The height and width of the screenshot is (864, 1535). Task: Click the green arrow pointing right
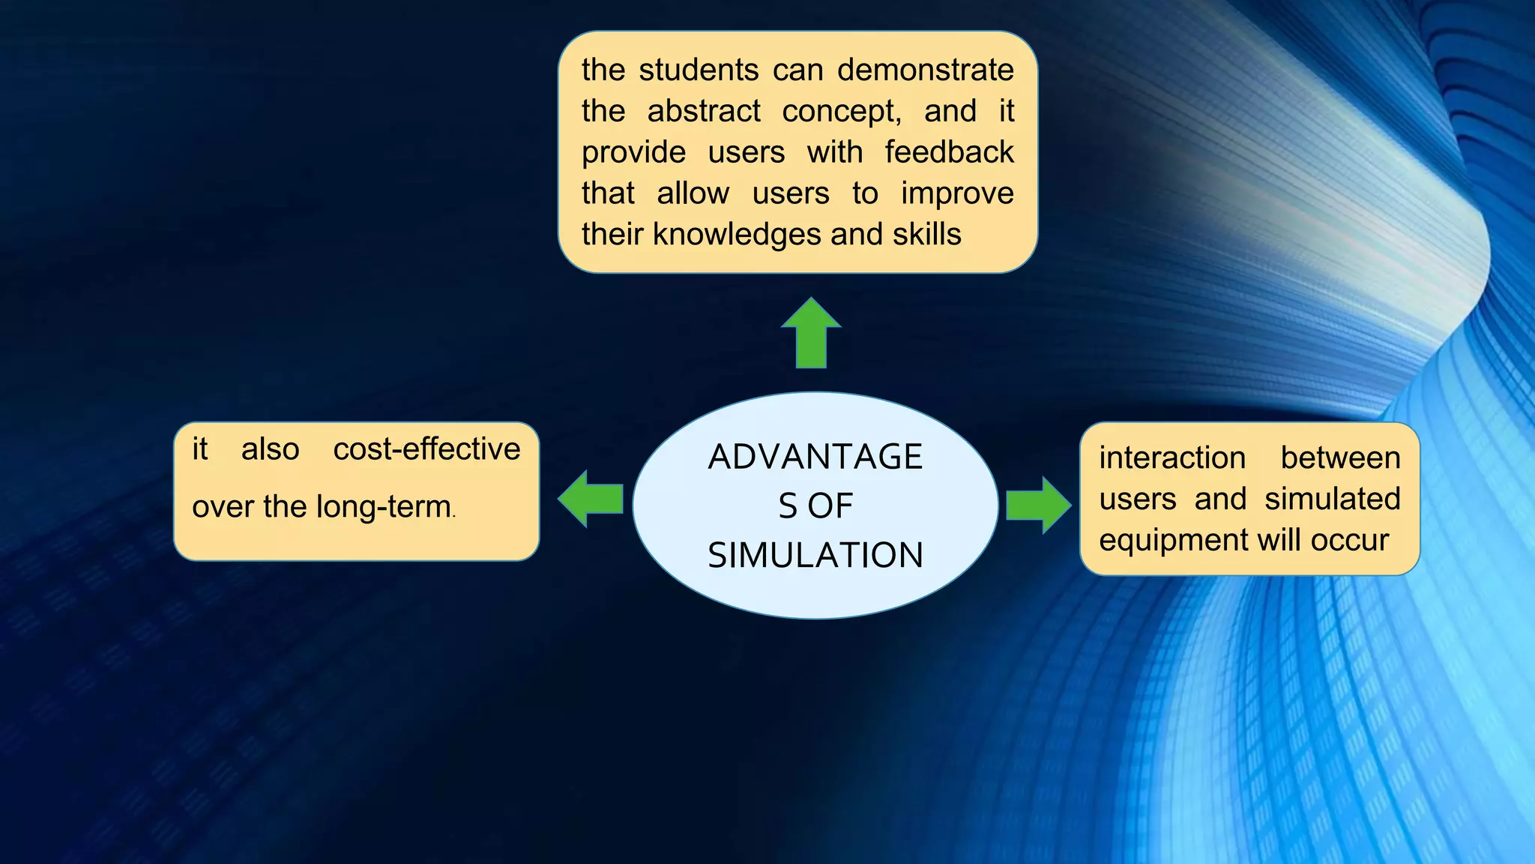1039,505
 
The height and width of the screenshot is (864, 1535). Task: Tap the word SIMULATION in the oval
815,556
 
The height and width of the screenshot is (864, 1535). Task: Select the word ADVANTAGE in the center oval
815,457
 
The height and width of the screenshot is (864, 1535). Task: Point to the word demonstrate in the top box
925,70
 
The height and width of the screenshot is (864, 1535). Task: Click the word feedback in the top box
949,152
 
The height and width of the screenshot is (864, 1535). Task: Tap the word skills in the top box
926,234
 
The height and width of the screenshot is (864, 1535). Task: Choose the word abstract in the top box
704,111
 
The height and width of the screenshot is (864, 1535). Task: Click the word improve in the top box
957,193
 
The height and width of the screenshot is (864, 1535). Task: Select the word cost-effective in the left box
426,448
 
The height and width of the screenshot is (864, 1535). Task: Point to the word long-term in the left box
384,507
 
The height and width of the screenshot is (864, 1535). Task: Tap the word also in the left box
270,449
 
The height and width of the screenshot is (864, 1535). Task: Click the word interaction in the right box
1172,457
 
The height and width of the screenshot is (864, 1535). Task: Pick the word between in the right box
1340,457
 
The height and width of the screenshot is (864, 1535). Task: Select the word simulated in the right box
1333,499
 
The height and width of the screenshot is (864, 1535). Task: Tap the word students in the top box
699,70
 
